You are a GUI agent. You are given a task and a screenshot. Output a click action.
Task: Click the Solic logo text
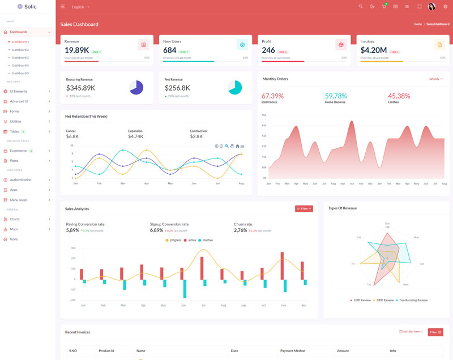[31, 6]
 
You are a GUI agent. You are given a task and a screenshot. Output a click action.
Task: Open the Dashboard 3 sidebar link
[20, 57]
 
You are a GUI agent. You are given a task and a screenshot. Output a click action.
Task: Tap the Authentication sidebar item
[20, 179]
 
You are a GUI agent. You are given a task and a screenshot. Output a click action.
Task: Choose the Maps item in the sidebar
[14, 229]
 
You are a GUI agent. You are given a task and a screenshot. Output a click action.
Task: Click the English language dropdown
[80, 7]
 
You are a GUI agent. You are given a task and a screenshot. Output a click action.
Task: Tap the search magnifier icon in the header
[361, 6]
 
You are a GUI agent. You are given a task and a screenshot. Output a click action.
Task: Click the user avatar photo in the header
[431, 6]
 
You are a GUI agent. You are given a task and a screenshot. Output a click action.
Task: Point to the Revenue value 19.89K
[76, 50]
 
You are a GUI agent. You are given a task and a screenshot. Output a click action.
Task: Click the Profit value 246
[268, 50]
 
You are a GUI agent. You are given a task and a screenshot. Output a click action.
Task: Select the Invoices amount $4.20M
[374, 50]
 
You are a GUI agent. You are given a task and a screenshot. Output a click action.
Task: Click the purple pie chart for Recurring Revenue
[136, 87]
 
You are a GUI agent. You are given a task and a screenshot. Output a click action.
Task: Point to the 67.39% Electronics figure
[272, 96]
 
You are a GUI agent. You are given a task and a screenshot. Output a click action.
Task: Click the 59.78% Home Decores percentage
[336, 96]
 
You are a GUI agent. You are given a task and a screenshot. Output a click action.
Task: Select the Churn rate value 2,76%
[241, 230]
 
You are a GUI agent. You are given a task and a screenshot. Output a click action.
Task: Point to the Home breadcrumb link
[418, 24]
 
